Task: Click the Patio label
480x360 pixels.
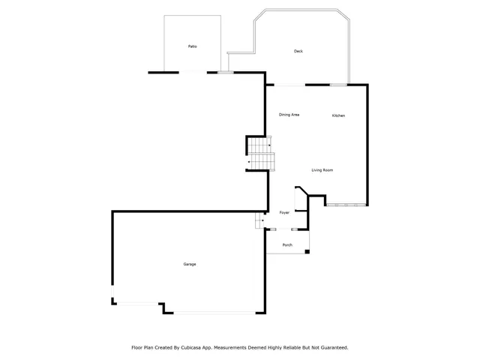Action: [192, 46]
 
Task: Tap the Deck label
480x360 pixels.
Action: [298, 51]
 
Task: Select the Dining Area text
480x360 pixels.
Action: [289, 115]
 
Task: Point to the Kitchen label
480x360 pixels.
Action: [339, 115]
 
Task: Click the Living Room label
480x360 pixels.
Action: [322, 170]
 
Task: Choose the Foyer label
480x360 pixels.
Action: [285, 213]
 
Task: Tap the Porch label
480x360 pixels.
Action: [287, 245]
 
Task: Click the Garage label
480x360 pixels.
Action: [190, 264]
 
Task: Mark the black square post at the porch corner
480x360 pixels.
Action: [307, 251]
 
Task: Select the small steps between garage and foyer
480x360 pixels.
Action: [259, 220]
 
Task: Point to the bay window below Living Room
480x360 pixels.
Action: [346, 204]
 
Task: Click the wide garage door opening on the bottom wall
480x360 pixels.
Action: [214, 313]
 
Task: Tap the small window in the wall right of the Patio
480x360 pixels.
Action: [225, 72]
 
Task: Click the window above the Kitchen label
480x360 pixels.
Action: [338, 85]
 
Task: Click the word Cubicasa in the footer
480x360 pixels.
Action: [196, 347]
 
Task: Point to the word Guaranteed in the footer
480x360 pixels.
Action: [333, 347]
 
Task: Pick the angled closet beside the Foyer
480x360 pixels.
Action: [301, 199]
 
